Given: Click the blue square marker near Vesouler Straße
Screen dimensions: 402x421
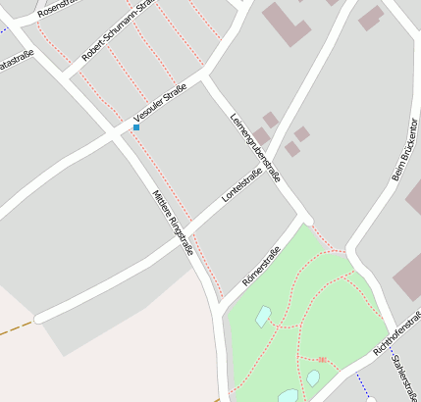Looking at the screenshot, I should point(135,127).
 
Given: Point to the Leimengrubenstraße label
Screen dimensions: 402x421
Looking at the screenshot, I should point(255,147).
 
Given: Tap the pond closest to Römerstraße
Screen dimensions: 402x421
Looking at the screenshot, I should point(263,316).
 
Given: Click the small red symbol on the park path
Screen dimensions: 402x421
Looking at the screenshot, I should point(322,360).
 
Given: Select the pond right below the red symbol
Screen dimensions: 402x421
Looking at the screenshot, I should point(312,377).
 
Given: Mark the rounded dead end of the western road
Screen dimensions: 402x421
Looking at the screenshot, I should point(39,319).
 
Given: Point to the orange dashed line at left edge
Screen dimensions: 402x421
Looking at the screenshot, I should point(15,328).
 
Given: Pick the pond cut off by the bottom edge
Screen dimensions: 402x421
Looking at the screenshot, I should point(288,395).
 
